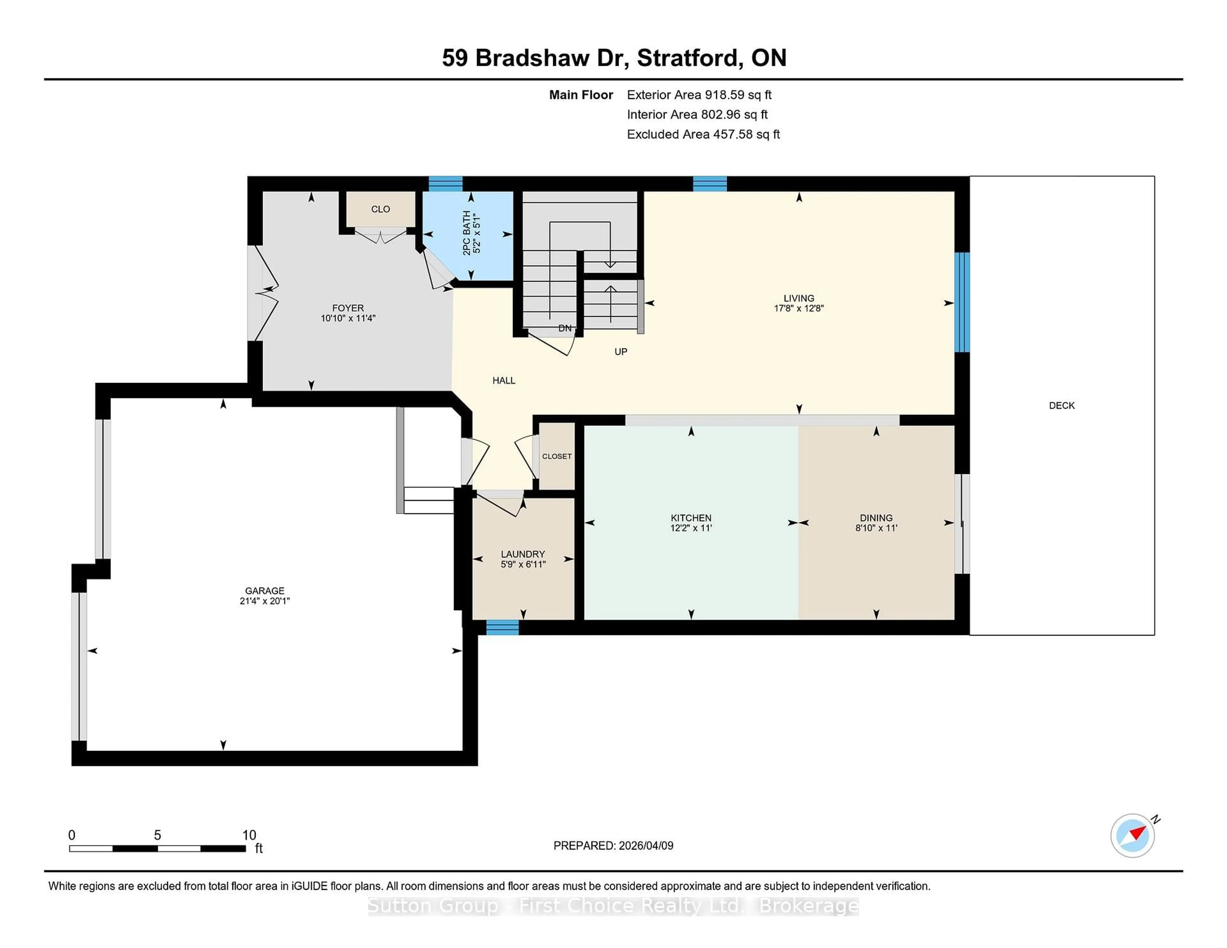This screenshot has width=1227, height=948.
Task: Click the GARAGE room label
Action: (265, 590)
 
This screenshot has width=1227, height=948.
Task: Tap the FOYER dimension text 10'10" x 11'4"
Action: (348, 318)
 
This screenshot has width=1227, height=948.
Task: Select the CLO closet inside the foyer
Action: (380, 209)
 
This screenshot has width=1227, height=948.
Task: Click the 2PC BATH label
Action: (466, 233)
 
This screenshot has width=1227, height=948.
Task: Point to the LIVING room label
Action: (798, 298)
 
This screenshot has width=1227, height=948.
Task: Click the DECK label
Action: (1061, 405)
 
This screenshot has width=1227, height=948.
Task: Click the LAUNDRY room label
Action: (522, 554)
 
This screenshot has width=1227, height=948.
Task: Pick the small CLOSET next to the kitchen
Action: (556, 456)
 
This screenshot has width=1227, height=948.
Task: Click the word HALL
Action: (503, 380)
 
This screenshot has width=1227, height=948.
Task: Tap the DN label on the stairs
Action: (565, 328)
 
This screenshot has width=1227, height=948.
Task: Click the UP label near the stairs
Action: (620, 352)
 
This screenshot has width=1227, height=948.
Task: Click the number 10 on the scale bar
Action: (249, 835)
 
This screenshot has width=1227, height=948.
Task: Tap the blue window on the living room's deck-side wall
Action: (962, 302)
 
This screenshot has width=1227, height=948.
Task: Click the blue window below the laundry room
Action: (502, 627)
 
